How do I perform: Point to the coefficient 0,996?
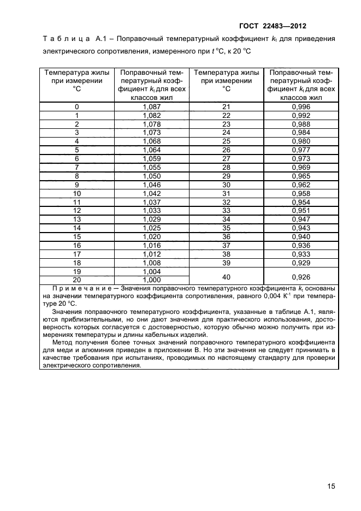pos(301,107)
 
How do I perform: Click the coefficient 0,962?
pos(301,185)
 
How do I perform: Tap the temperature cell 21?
pos(227,107)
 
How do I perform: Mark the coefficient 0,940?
pos(301,236)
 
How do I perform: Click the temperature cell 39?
pos(227,262)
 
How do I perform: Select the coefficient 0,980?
pos(301,141)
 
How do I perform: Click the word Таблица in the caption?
pos(65,39)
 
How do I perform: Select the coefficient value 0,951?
pos(301,211)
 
